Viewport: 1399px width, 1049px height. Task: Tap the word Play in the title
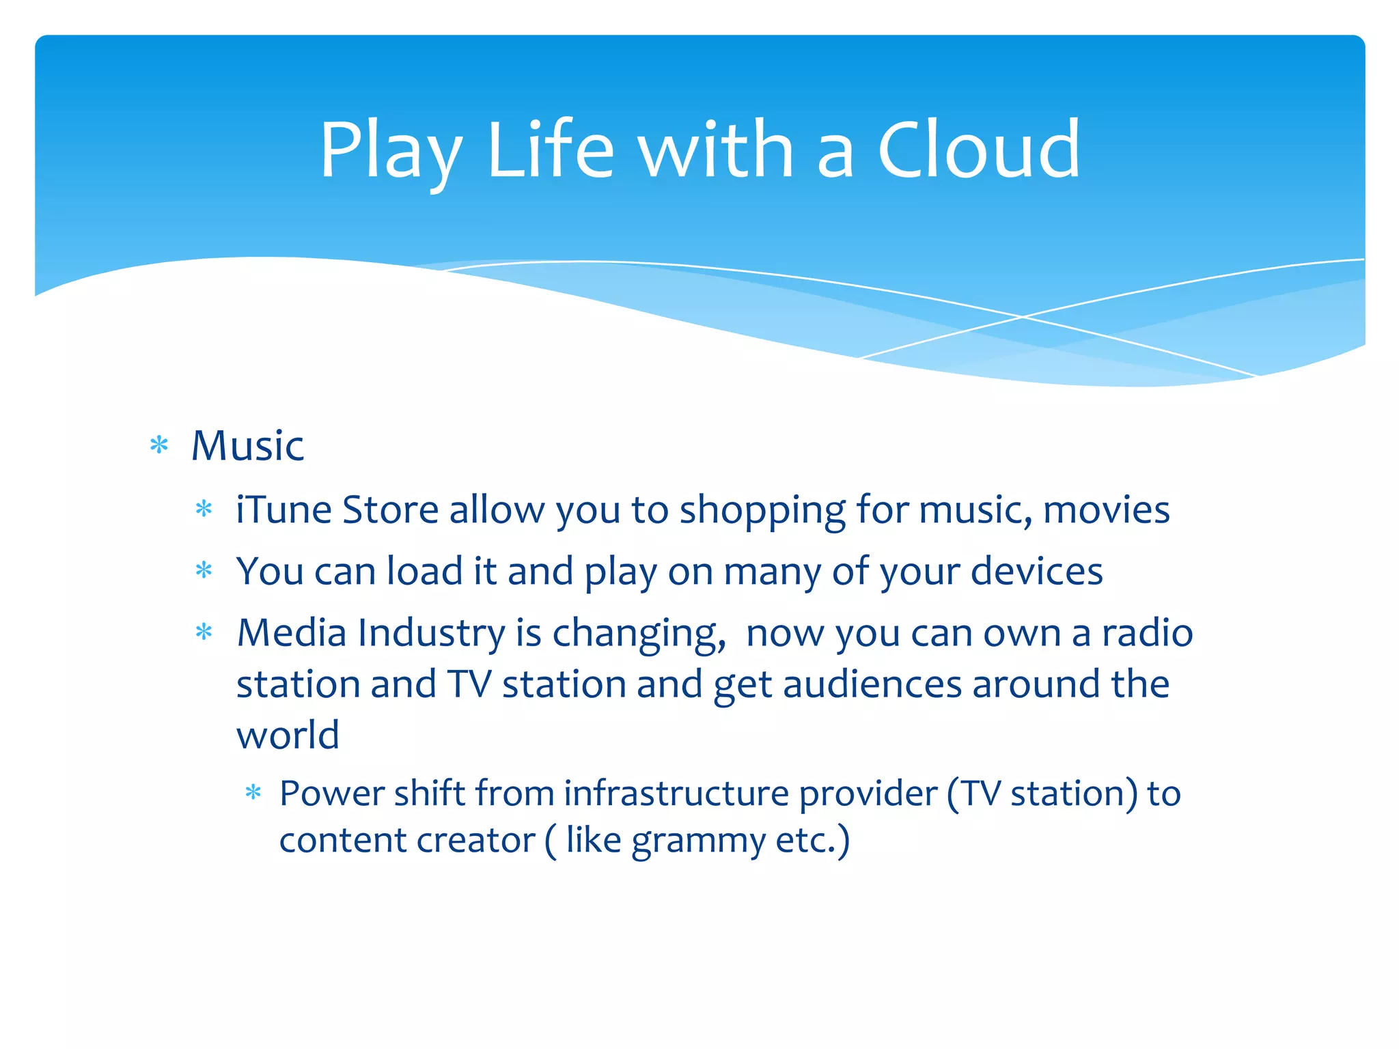391,152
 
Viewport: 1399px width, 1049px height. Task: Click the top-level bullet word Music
247,446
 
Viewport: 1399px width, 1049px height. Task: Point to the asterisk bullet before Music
159,446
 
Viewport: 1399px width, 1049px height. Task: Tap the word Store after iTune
390,510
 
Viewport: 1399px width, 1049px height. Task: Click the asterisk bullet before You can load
204,570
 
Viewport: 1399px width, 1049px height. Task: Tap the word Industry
431,634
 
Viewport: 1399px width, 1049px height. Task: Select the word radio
1147,632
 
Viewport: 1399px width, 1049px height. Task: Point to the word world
288,736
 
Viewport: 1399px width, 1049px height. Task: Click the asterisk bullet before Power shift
253,793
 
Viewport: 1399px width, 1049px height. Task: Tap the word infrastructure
676,794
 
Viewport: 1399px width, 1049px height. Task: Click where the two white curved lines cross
1023,317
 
